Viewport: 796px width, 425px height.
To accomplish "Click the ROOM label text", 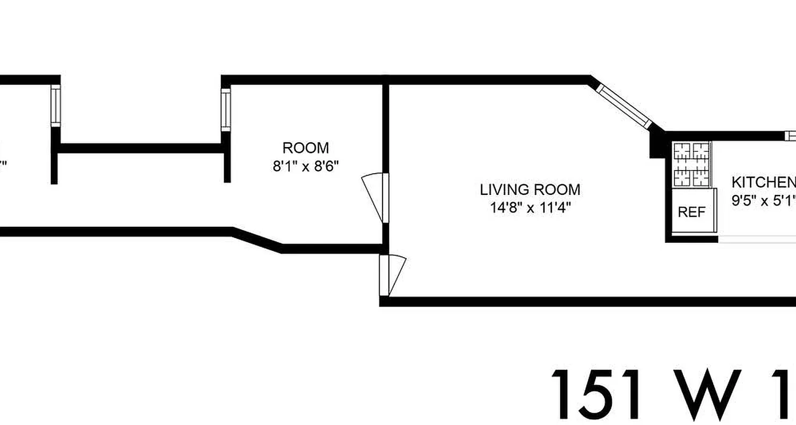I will coord(305,148).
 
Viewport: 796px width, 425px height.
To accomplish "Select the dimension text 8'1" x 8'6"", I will coord(305,166).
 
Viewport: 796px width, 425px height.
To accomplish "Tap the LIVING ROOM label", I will coord(530,189).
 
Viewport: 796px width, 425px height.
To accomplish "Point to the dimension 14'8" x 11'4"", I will coord(530,207).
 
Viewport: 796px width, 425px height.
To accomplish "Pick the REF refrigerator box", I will coord(691,212).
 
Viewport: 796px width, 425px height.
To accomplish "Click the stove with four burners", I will coord(691,164).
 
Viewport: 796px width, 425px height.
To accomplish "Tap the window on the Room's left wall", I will coord(226,109).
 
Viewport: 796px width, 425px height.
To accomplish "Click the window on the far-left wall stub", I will coord(55,107).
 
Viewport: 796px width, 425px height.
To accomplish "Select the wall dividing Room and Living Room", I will coord(386,127).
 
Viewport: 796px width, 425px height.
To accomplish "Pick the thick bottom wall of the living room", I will coord(584,302).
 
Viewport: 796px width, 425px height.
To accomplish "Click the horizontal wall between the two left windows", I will coord(141,148).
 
